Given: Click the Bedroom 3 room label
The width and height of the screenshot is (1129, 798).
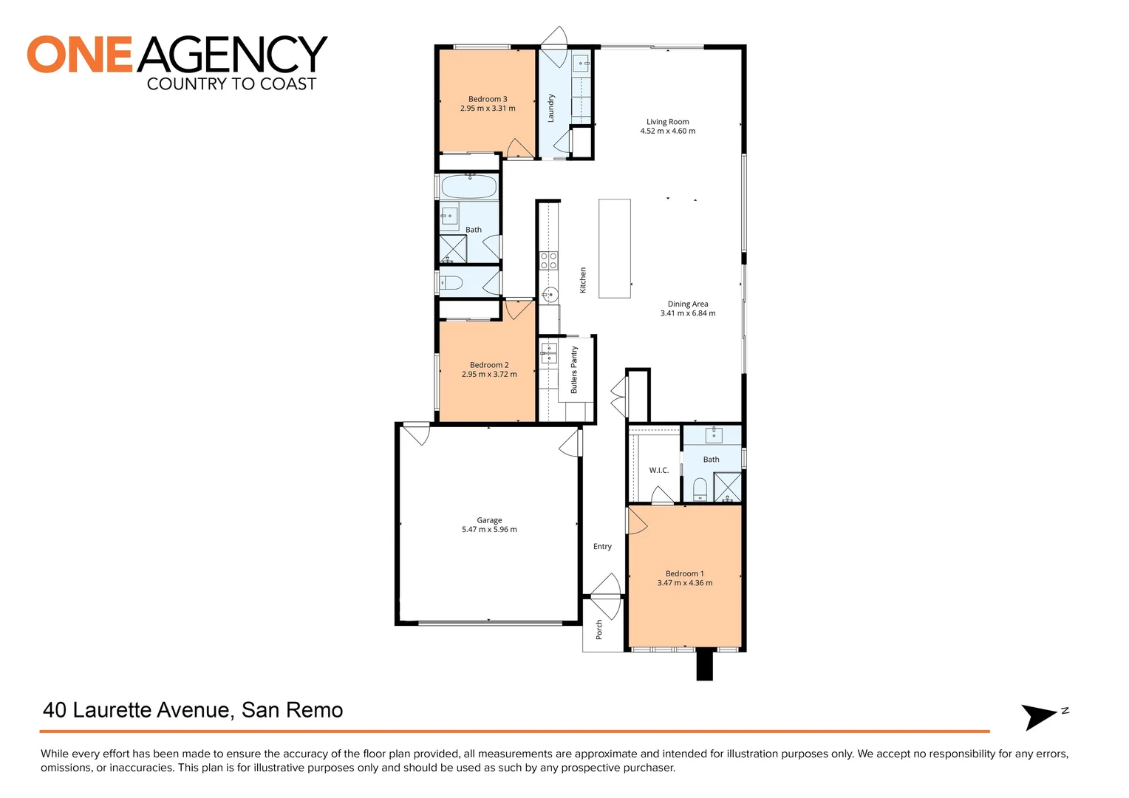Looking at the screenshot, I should click(x=488, y=99).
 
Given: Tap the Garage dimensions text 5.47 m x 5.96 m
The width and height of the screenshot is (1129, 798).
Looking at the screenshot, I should click(x=489, y=530).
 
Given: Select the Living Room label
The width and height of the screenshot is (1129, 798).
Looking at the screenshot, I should click(x=667, y=122).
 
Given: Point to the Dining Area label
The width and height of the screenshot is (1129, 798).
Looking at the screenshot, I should click(x=688, y=304).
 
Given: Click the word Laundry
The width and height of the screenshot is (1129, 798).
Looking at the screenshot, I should click(x=551, y=108).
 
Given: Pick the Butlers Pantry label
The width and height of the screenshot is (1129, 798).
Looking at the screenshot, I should click(x=574, y=369).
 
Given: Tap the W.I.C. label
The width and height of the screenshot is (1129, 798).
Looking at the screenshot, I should click(x=658, y=470).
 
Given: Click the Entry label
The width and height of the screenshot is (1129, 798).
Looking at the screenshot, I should click(x=602, y=547).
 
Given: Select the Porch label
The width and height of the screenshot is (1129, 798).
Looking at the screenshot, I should click(x=599, y=630).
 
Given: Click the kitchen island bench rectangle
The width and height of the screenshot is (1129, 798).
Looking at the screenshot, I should click(x=614, y=248).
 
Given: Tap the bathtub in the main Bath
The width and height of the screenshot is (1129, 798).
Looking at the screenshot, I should click(x=468, y=187).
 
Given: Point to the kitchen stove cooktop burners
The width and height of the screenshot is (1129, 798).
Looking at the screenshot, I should click(x=548, y=260).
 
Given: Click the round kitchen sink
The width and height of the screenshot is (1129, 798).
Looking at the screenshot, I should click(x=548, y=295).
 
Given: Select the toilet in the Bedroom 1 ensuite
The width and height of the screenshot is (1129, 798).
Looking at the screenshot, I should click(x=700, y=488).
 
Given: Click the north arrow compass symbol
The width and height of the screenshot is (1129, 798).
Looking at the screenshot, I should click(x=1039, y=715).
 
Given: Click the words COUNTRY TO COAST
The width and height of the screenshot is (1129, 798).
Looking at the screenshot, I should click(x=231, y=84).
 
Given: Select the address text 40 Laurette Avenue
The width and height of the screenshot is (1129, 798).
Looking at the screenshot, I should click(x=137, y=710).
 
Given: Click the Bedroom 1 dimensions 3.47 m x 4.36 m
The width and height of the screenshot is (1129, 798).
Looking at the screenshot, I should click(x=685, y=583).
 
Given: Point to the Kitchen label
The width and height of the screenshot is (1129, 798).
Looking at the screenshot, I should click(x=583, y=280).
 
